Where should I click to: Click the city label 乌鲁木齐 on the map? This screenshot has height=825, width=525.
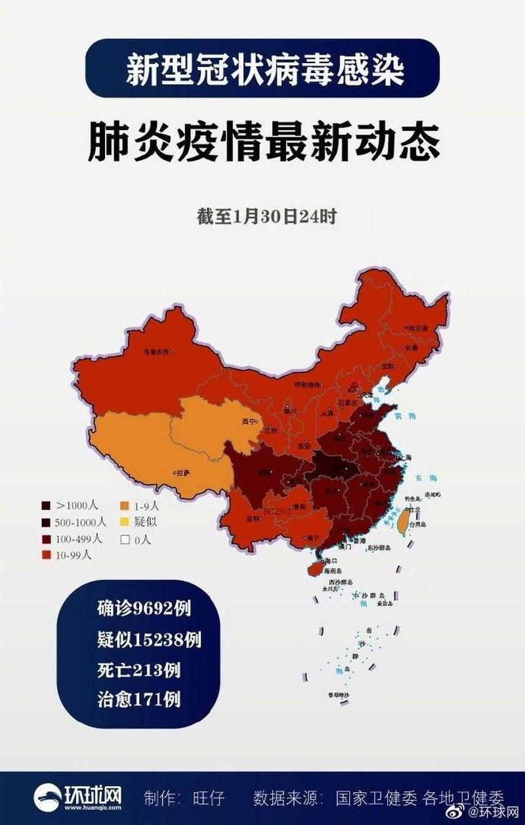tap(156, 352)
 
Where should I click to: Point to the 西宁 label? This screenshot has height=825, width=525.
tap(248, 420)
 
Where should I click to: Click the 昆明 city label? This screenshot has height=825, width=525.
tap(253, 519)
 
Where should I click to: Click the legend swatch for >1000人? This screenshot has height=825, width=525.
tap(45, 506)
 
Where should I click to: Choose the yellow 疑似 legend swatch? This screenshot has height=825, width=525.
tap(123, 523)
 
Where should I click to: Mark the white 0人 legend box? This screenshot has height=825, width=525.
tap(123, 540)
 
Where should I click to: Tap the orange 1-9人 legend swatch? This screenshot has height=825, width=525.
tap(123, 506)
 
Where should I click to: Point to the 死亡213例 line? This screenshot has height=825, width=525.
tap(138, 671)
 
